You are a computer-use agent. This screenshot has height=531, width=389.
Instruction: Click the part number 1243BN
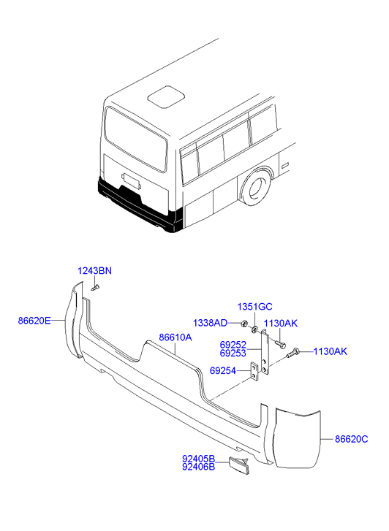coord(94,271)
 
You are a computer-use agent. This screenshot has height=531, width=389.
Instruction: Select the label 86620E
coord(34,321)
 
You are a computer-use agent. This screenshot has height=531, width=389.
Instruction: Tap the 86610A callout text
coord(175,337)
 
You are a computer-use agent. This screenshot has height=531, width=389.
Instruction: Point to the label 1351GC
coord(254,307)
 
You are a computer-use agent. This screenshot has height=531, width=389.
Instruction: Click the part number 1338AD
coord(211,323)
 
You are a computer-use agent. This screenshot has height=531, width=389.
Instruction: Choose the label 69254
coord(223,371)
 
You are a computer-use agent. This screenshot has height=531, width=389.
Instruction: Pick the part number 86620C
coord(352,439)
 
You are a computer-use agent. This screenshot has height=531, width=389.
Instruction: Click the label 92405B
coord(199,459)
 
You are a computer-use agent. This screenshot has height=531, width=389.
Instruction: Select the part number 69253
coord(233,354)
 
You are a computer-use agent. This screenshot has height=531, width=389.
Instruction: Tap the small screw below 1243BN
coord(95,288)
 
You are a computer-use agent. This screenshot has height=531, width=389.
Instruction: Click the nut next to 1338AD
coord(243,324)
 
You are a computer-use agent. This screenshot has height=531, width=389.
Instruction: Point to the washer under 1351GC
coord(254,329)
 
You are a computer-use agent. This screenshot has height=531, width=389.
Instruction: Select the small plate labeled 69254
coord(254,372)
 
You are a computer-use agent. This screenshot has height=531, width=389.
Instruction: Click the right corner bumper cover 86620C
coord(298,439)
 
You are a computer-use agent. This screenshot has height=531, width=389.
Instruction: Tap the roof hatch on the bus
coord(166,97)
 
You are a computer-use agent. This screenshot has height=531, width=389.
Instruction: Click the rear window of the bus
coord(136,140)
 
